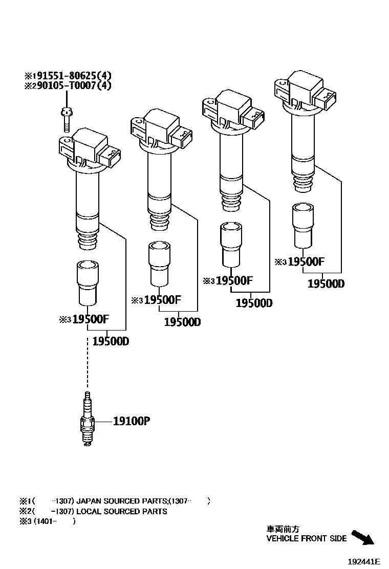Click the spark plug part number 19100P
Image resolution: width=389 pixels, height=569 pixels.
132,421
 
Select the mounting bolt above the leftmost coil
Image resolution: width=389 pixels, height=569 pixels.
66,119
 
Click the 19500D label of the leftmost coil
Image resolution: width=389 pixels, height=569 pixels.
111,341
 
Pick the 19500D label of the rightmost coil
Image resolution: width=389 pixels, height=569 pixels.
326,283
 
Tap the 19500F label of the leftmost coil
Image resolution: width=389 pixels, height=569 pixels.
91,320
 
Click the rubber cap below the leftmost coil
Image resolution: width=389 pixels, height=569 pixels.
88,283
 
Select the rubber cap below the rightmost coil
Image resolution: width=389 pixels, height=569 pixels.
302,226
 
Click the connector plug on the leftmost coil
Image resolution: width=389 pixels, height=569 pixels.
111,157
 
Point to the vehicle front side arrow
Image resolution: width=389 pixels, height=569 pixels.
363,537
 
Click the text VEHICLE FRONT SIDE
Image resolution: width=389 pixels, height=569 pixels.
306,538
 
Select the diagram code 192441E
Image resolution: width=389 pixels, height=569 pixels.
364,561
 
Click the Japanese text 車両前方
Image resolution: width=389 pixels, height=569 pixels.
283,529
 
